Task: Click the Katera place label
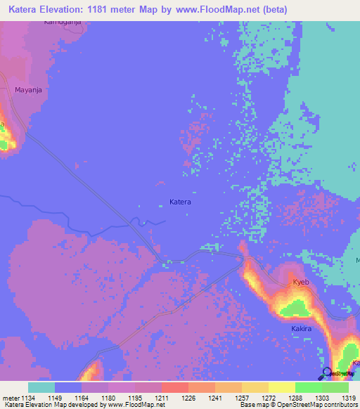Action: (x=180, y=202)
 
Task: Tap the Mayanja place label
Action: (x=29, y=90)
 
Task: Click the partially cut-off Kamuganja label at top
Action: (x=63, y=22)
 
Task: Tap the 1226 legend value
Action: (x=188, y=398)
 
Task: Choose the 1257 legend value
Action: (x=242, y=398)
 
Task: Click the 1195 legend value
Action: (x=135, y=398)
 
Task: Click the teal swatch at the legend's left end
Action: (x=41, y=387)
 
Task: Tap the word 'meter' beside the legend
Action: (x=11, y=398)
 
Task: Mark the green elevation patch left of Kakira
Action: (x=296, y=307)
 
